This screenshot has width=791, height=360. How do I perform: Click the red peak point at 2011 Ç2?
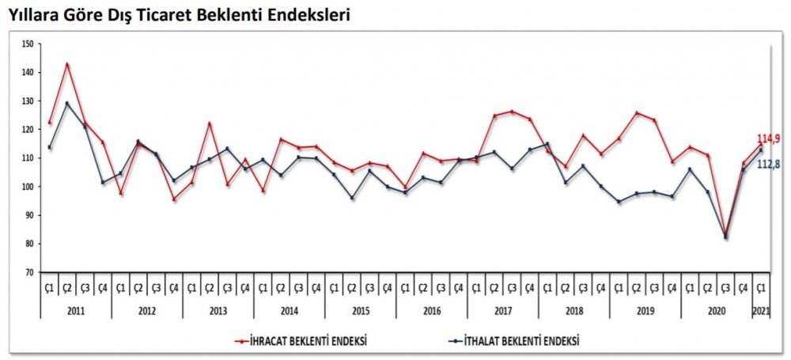coord(67,64)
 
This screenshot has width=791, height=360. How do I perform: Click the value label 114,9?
coord(769,139)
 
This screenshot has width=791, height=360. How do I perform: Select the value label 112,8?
coord(769,164)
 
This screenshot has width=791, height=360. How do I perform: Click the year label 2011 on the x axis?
coord(76,311)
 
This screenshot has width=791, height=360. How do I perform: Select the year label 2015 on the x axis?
coord(361,311)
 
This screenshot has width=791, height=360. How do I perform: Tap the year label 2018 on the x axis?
coord(574,311)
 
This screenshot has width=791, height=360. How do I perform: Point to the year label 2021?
coord(761,311)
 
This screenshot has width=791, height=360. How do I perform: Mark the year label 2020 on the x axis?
coord(717,311)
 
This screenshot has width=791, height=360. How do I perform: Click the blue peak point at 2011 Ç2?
coord(67,103)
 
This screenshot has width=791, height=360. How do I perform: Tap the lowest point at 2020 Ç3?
coord(725,237)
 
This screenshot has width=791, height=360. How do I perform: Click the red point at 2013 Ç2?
coord(210,123)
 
